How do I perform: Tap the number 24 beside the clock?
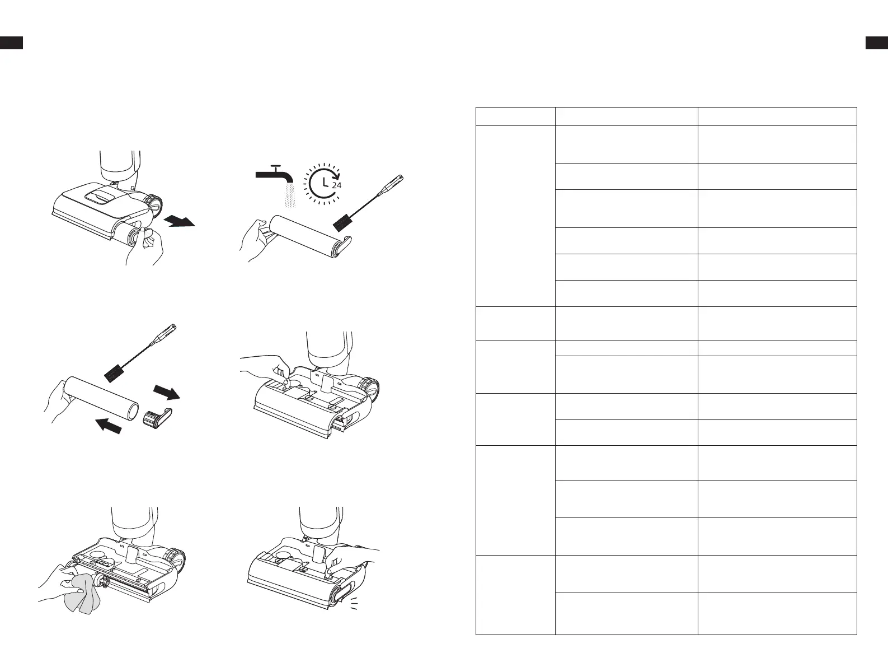pos(337,185)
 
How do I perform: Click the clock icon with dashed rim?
pos(323,183)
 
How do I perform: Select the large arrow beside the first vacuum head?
pos(180,221)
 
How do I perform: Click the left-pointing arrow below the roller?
pos(108,426)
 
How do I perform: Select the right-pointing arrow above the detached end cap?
pos(167,392)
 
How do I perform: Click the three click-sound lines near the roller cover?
pos(354,603)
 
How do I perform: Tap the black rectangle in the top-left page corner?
pos(11,43)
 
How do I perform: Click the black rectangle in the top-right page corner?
pos(877,43)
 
